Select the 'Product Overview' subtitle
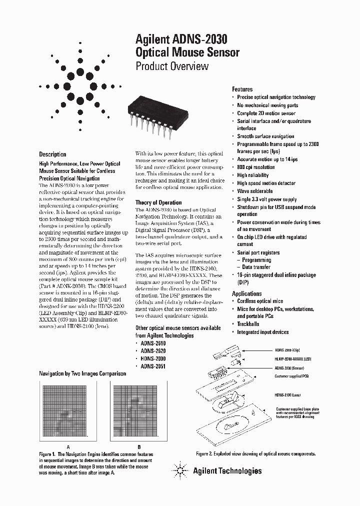[x=172, y=66]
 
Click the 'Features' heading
[x=242, y=89]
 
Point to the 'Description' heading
[x=52, y=154]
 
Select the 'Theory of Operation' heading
[x=158, y=202]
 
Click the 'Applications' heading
[x=246, y=293]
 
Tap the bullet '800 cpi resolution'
[x=255, y=167]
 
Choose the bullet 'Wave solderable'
[x=254, y=191]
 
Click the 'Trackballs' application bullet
[x=248, y=324]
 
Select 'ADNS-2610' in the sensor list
[x=153, y=344]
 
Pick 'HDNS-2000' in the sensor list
[x=153, y=359]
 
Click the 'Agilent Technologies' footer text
[x=227, y=470]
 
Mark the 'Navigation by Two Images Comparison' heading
[x=81, y=373]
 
